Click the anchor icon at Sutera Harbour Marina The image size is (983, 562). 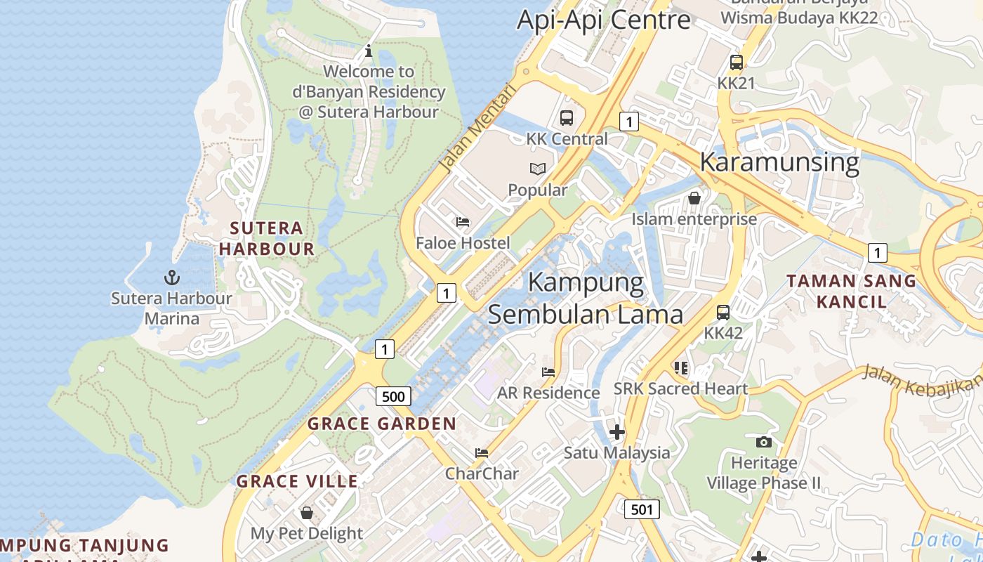[172, 277]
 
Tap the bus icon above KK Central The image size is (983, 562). [567, 118]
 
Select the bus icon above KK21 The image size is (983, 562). [736, 63]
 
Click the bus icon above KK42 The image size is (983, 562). [723, 313]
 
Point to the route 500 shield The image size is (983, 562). [393, 396]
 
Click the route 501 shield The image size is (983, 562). [642, 509]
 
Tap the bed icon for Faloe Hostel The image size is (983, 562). [463, 222]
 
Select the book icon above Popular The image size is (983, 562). [538, 169]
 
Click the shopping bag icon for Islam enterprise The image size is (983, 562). [694, 198]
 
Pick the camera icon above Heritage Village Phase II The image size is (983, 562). [764, 442]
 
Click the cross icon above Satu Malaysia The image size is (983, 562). [616, 431]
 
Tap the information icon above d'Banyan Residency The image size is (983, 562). [369, 51]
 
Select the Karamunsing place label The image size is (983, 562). [779, 162]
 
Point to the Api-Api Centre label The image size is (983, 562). [604, 20]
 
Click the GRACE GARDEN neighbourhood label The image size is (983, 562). [382, 424]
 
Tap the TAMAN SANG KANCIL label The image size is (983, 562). [851, 292]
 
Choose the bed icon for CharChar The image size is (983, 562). [482, 452]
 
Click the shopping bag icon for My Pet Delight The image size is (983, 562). [306, 512]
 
